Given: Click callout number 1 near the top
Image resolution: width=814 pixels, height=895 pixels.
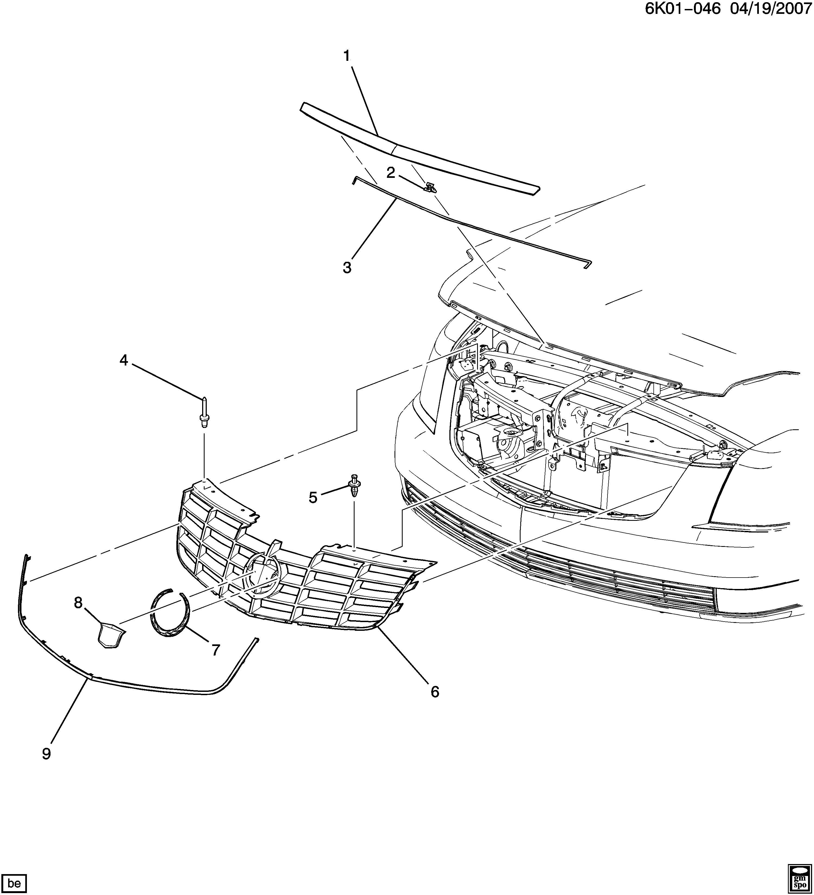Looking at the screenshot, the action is pyautogui.click(x=346, y=56).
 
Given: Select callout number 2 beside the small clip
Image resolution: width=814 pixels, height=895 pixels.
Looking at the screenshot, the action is pyautogui.click(x=390, y=173).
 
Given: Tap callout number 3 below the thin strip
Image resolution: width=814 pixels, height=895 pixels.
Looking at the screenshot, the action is pyautogui.click(x=347, y=268).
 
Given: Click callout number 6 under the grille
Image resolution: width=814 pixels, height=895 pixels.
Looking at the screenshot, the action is pyautogui.click(x=435, y=691).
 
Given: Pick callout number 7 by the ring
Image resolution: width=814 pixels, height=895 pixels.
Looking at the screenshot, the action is pyautogui.click(x=216, y=650).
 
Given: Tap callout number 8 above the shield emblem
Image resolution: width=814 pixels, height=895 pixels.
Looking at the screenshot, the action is pyautogui.click(x=78, y=603).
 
